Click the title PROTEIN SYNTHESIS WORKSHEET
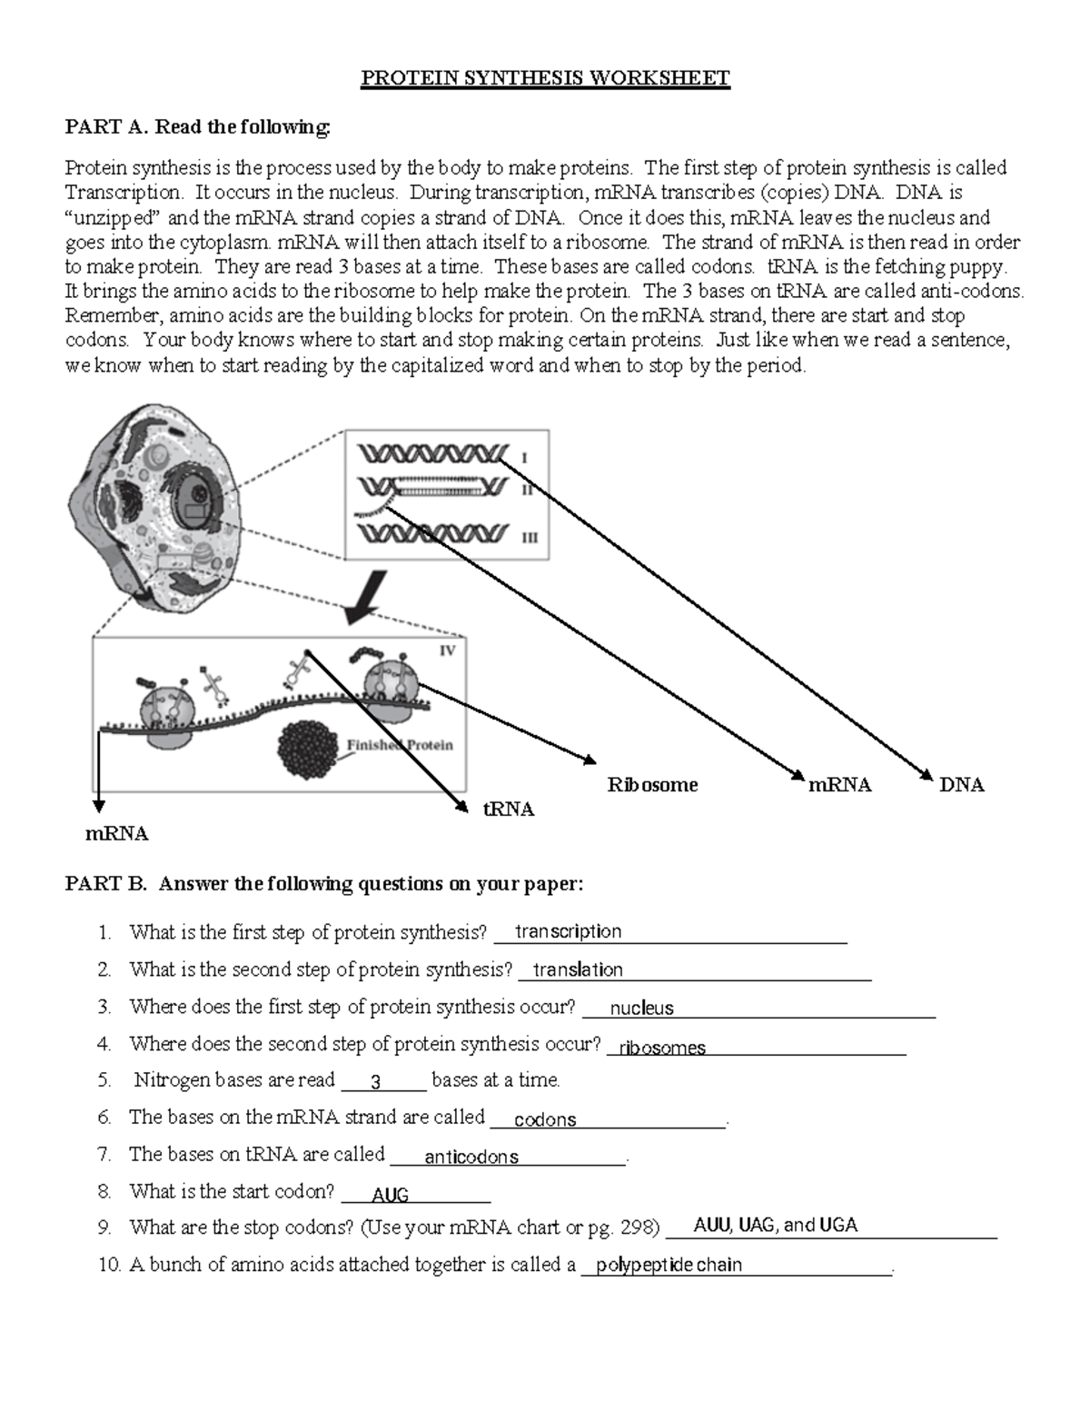click(x=545, y=78)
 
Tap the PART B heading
click(x=323, y=884)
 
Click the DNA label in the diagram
click(x=961, y=785)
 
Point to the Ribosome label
click(x=652, y=785)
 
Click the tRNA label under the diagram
click(x=508, y=810)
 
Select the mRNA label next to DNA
click(x=839, y=785)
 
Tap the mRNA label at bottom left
click(x=116, y=834)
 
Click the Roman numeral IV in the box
click(x=447, y=651)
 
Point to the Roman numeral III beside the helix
click(x=529, y=537)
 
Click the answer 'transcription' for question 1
click(x=568, y=931)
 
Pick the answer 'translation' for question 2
click(x=578, y=969)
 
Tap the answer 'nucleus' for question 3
click(x=641, y=1008)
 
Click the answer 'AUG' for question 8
click(x=390, y=1195)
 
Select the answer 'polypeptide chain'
click(x=669, y=1265)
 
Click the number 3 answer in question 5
click(x=376, y=1082)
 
